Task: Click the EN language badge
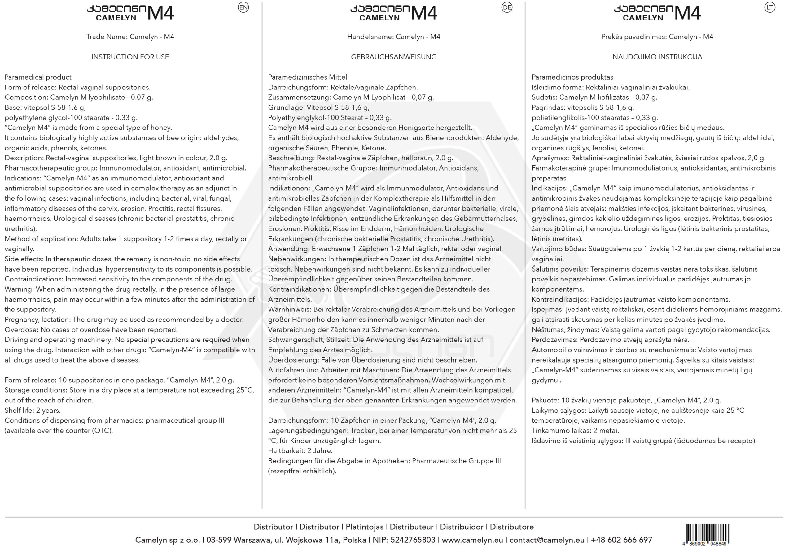[x=243, y=7]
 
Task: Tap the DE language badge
[x=506, y=7]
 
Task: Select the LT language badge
[x=770, y=7]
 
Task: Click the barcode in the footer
[x=707, y=534]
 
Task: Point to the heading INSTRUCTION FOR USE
[x=130, y=57]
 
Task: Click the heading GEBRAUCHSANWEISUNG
[x=394, y=57]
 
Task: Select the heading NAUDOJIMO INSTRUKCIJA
[x=657, y=57]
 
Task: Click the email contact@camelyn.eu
[x=547, y=540]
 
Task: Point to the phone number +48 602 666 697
[x=621, y=540]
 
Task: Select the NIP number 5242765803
[x=413, y=540]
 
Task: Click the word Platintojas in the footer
[x=364, y=527]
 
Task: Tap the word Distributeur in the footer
[x=411, y=527]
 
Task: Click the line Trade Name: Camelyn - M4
[x=130, y=37]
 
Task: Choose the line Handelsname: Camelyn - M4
[x=394, y=37]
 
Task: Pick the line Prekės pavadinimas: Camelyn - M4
[x=657, y=37]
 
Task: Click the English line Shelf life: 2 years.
[x=33, y=410]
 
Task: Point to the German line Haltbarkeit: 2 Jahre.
[x=300, y=451]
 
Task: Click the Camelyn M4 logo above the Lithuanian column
[x=657, y=13]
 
